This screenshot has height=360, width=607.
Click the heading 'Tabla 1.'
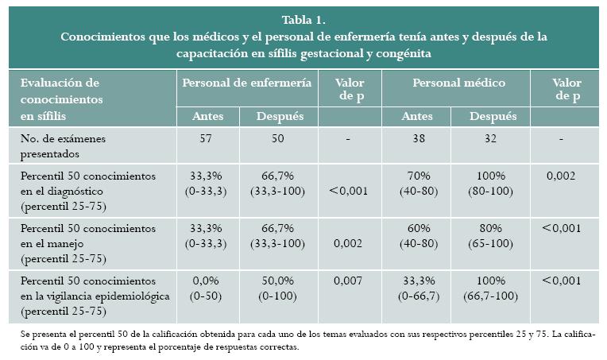[303, 21]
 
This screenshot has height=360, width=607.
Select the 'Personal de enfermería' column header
[246, 82]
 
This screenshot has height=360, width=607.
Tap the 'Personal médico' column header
[458, 82]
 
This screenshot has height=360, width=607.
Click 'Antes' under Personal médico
[418, 116]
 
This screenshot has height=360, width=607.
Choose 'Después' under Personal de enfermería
[280, 116]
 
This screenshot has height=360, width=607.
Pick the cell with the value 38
[418, 138]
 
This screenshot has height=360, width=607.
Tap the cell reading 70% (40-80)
[418, 182]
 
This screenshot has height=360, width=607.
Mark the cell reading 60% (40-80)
[418, 235]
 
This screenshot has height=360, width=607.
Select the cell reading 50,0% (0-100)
[280, 288]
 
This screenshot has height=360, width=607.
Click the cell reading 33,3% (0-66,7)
[418, 288]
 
